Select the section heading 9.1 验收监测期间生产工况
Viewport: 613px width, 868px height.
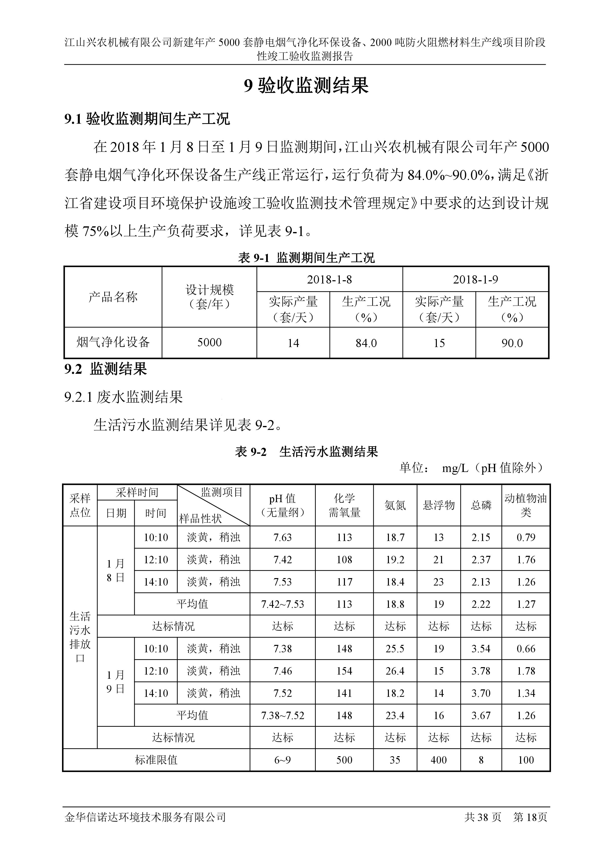coord(147,119)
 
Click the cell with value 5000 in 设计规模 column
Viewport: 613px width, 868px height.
coord(209,343)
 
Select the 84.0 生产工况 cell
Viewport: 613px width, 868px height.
coord(366,343)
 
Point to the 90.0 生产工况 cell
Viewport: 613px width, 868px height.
coord(512,343)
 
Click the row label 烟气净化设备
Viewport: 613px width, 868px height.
coord(113,343)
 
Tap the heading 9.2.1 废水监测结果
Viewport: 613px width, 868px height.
coord(124,397)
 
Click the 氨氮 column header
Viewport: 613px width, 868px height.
coord(395,505)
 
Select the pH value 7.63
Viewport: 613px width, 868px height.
coord(282,537)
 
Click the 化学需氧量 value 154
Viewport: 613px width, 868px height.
coord(344,671)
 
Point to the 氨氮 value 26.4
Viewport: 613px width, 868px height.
coord(395,671)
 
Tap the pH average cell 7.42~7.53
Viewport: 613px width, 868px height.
coord(282,604)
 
